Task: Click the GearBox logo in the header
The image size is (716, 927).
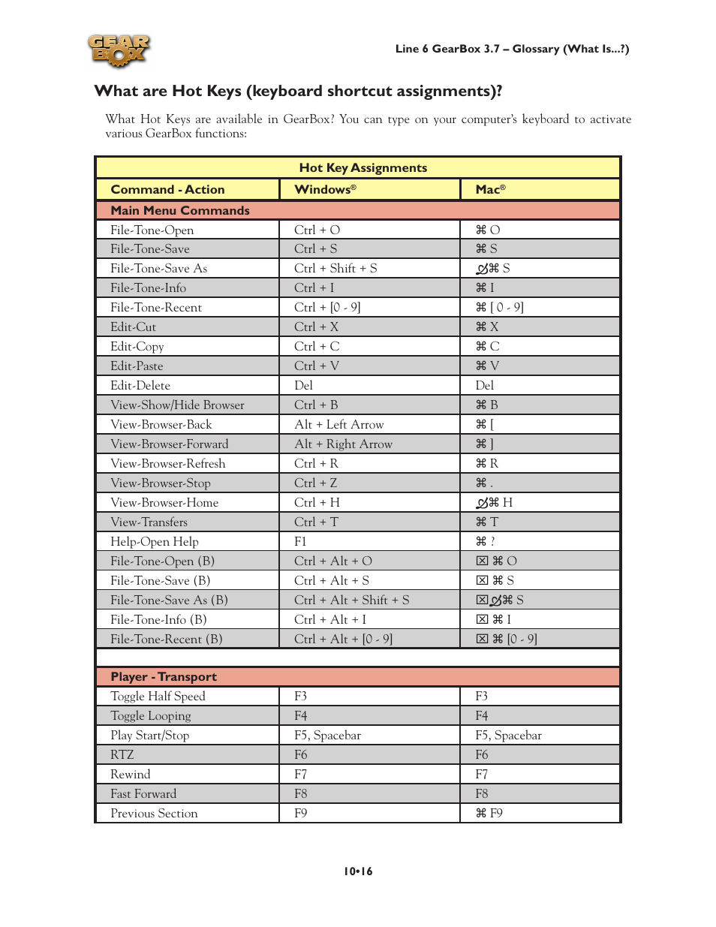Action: (x=119, y=51)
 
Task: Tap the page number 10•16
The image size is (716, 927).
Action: (x=358, y=871)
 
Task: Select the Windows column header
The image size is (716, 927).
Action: (x=325, y=190)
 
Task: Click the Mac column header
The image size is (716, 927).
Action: (x=490, y=190)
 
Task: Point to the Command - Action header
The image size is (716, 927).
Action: (x=167, y=190)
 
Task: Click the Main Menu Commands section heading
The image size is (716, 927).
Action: (x=180, y=211)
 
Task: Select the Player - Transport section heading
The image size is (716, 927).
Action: (x=164, y=677)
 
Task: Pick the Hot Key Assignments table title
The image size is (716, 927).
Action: (x=363, y=168)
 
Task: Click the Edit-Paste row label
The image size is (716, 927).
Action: (x=137, y=366)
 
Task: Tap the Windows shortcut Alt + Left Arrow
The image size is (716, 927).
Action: (x=338, y=425)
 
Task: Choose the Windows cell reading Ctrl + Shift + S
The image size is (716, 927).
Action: (x=335, y=269)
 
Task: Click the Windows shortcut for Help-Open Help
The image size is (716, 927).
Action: (x=300, y=542)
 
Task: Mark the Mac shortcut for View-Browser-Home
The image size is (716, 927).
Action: (x=495, y=503)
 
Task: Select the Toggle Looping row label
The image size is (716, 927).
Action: (x=151, y=716)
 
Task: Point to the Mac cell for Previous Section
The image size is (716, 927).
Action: (x=489, y=814)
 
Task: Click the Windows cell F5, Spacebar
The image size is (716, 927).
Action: (x=327, y=736)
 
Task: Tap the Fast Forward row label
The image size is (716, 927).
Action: (x=143, y=794)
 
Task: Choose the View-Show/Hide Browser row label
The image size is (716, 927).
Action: (x=177, y=405)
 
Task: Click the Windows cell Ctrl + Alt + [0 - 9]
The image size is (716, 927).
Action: (x=343, y=640)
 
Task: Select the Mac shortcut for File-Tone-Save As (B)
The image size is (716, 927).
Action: (x=500, y=600)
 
